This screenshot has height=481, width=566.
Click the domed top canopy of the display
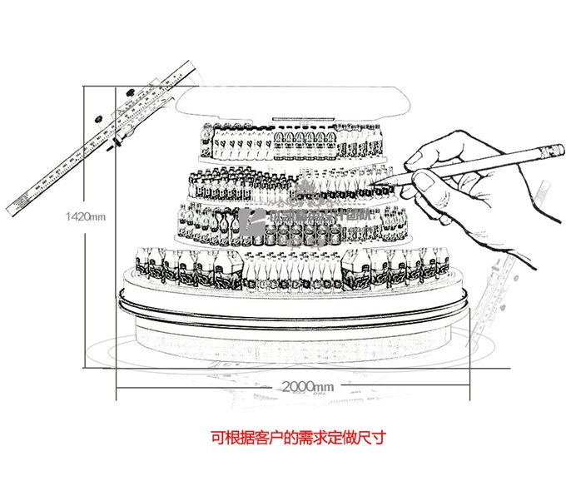pyautogui.click(x=295, y=105)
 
